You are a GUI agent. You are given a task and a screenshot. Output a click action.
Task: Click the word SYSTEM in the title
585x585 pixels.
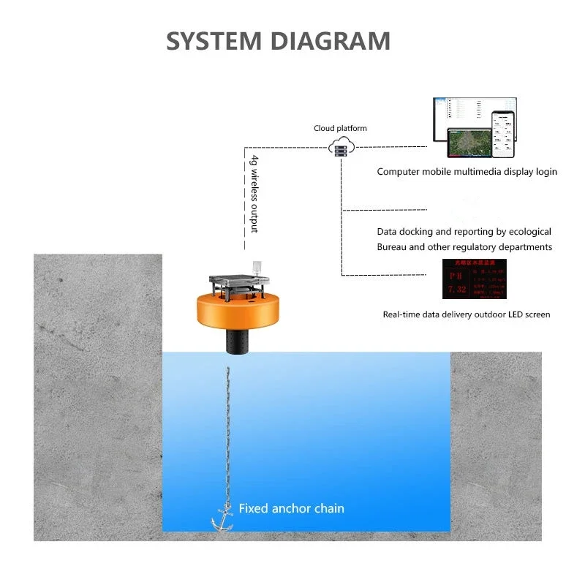click(214, 41)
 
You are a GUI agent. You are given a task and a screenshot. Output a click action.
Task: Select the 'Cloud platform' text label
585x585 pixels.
click(340, 129)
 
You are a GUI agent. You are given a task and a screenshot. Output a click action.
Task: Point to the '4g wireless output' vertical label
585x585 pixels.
click(254, 194)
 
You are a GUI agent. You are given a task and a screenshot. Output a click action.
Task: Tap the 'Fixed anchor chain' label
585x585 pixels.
click(291, 508)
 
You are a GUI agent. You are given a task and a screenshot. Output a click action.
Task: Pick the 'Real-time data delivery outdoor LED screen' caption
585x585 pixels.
click(466, 314)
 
